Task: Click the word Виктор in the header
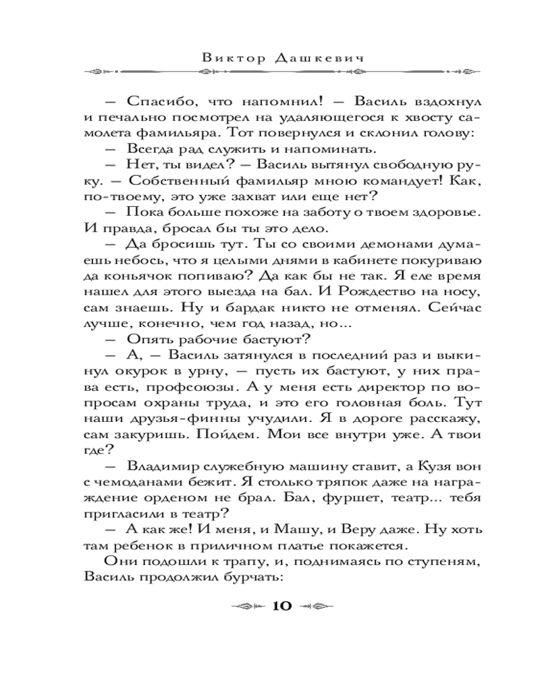[x=230, y=58]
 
